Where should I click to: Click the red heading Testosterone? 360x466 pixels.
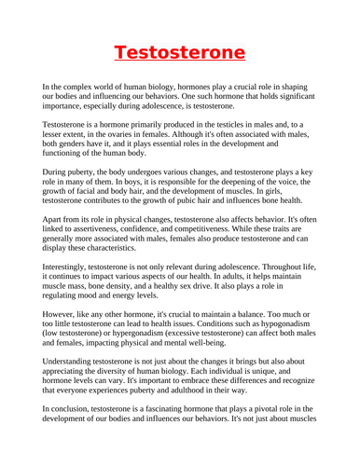tap(179, 50)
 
